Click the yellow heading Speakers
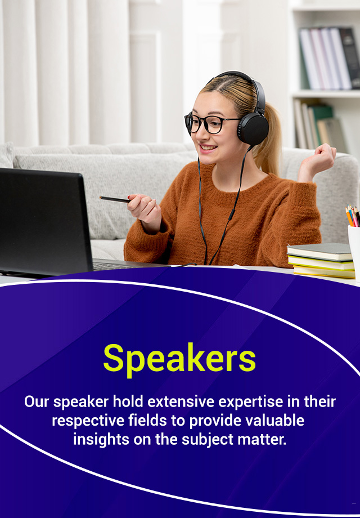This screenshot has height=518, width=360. (x=179, y=359)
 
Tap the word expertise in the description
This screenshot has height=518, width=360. (x=251, y=402)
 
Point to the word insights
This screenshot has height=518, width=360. (x=101, y=440)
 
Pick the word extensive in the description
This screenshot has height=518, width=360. (x=181, y=402)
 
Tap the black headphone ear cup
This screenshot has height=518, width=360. (x=253, y=129)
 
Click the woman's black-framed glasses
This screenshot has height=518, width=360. (x=211, y=123)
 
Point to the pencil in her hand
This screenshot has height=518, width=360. (x=115, y=199)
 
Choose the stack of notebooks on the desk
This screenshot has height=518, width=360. (x=320, y=260)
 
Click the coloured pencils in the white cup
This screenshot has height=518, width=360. (x=353, y=216)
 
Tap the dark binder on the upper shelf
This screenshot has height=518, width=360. (x=350, y=58)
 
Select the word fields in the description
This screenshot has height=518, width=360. (x=147, y=421)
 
